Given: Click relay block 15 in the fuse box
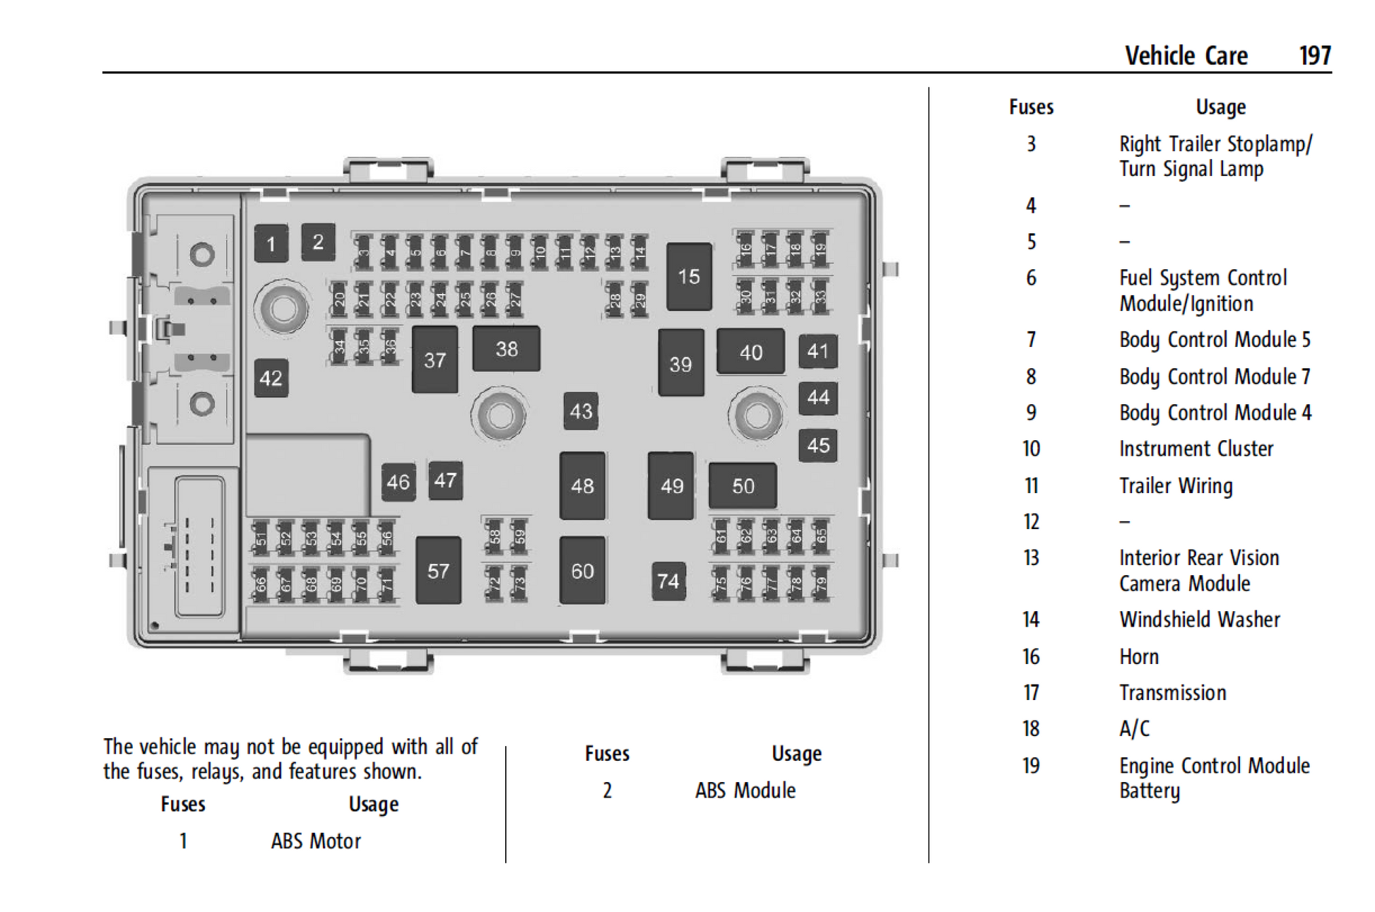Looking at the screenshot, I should pos(689,276).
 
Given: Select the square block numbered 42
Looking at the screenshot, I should pos(271,378).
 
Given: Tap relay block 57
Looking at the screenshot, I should pos(438,571).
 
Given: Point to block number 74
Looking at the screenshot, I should pos(668,581).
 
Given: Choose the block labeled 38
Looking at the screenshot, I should pos(506,349).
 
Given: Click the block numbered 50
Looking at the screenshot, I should pos(743,486).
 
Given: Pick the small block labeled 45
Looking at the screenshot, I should pos(818,446).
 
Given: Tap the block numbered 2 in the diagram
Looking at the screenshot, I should pos(318,242).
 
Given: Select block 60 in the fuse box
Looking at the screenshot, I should pos(582,571).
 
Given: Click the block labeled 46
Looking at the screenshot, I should pos(398,482).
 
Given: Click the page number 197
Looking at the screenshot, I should pos(1315,56).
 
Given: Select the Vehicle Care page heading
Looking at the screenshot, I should pos(1186,56).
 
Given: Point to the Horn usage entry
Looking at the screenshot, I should pos(1139,657).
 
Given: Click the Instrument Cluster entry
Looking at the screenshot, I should pos(1196,449).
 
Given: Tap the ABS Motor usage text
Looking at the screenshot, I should pos(316,841).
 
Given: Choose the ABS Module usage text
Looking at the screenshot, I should pos(745,790).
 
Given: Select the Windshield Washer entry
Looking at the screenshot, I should pos(1200,620).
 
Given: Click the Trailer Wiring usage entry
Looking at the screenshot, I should pos(1176,486).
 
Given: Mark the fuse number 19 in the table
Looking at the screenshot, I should pos(1031,766).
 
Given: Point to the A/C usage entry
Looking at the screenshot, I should pos(1135,729).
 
